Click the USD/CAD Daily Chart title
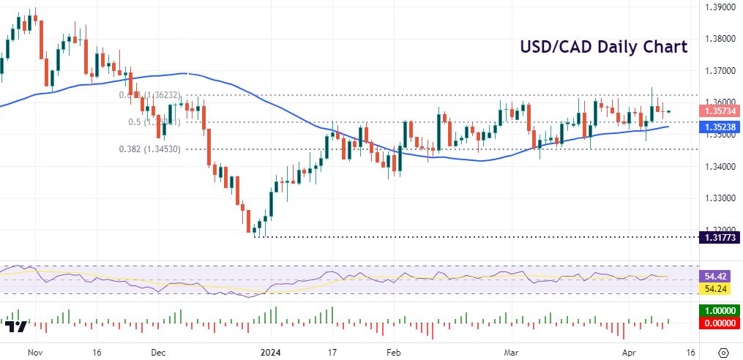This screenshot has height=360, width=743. coord(603,48)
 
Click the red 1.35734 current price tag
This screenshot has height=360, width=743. coord(718,111)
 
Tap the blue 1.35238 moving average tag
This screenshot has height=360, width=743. coord(718,127)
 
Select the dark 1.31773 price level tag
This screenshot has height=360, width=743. coord(718,237)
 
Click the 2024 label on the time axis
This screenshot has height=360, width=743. coord(270,352)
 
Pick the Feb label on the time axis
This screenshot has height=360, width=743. coord(393,352)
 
